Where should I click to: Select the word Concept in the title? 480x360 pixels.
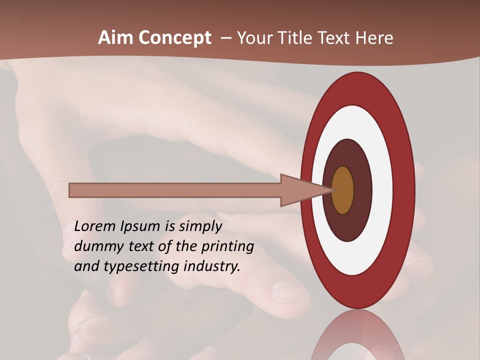click(175, 38)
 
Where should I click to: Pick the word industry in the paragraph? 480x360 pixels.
click(211, 266)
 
